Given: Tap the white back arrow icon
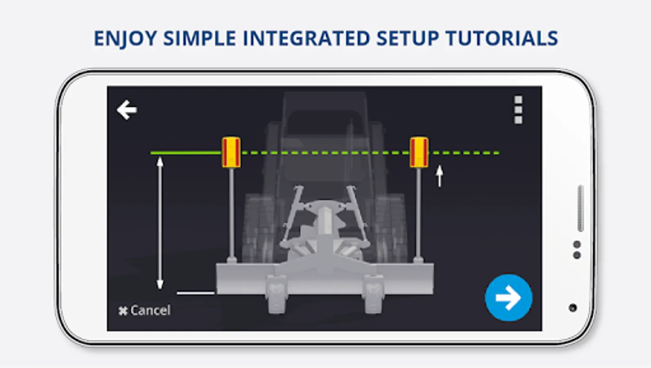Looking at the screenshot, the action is point(127,110).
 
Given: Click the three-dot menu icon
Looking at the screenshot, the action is point(518,110).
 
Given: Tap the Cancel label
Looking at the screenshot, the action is point(145,310).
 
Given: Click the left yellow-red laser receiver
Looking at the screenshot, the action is point(231,153).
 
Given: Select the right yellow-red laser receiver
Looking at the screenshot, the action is point(419,153).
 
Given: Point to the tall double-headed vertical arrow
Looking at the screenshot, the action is point(160,223).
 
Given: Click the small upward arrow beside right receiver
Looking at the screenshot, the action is point(440,176).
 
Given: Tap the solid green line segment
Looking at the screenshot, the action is point(186,153).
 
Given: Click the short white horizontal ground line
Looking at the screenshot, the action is point(196,293).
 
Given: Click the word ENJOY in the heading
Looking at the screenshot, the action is point(125,38).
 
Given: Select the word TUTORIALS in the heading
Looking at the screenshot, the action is point(502,38).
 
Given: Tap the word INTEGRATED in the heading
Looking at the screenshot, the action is point(306,38).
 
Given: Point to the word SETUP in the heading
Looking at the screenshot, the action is point(408,38).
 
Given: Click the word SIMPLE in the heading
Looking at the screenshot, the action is point(200,38).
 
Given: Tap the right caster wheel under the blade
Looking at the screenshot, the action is point(374,294).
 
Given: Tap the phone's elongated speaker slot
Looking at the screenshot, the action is point(581,208).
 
